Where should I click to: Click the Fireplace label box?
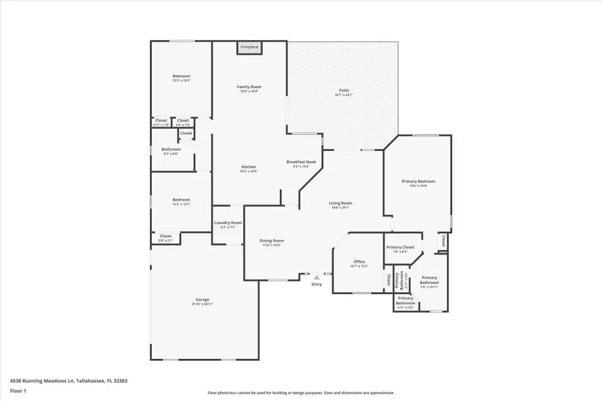[x=249, y=47]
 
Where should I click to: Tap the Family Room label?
[x=249, y=87]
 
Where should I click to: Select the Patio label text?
[x=343, y=91]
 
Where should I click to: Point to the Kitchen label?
[x=249, y=166]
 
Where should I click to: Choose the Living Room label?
[x=340, y=203]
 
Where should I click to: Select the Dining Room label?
[x=272, y=241]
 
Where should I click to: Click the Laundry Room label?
[x=227, y=223]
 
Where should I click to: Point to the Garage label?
[x=202, y=299]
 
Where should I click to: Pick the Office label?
[x=359, y=261]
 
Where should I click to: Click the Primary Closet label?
[x=400, y=247]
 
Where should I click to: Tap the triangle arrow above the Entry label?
[x=316, y=277]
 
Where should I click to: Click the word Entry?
[x=316, y=285]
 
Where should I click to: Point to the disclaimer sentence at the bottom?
[x=301, y=393]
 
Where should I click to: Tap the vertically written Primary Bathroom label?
[x=399, y=280]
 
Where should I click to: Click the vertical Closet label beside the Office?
[x=388, y=279]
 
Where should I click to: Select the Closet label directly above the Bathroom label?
[x=186, y=133]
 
